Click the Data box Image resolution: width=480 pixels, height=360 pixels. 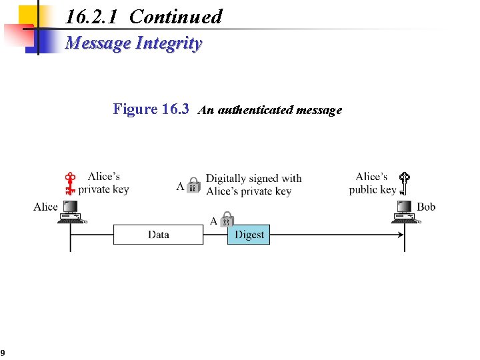tap(158, 235)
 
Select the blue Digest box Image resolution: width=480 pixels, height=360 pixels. tap(249, 235)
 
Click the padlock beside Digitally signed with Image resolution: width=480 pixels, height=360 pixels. tap(193, 185)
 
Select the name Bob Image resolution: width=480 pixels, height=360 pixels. tap(426, 207)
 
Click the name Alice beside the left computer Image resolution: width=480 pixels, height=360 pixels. tap(45, 207)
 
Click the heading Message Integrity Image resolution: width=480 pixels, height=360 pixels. tap(133, 43)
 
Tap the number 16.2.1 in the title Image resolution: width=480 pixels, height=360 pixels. tap(93, 17)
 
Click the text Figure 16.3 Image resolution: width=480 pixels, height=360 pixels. tap(151, 109)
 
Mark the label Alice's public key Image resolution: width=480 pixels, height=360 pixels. tap(372, 183)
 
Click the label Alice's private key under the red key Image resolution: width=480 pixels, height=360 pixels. tap(103, 183)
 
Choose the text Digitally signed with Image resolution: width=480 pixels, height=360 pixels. tap(253, 178)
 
